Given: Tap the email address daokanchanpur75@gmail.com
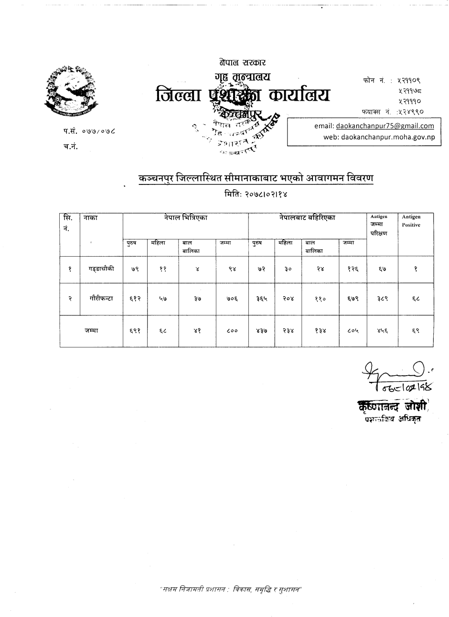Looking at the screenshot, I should [385, 126].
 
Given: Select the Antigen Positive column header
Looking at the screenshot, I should [411, 221].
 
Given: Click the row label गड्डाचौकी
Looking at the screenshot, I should [101, 269].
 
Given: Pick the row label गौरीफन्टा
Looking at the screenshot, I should [101, 298].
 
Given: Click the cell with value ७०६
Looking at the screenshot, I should [232, 298].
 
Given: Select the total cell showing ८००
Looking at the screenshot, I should [232, 331].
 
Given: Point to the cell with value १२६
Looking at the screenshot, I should [353, 269].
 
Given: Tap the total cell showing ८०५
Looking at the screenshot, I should [353, 331].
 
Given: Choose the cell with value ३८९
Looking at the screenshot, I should [382, 298].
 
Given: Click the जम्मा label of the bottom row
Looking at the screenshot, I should [91, 330].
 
